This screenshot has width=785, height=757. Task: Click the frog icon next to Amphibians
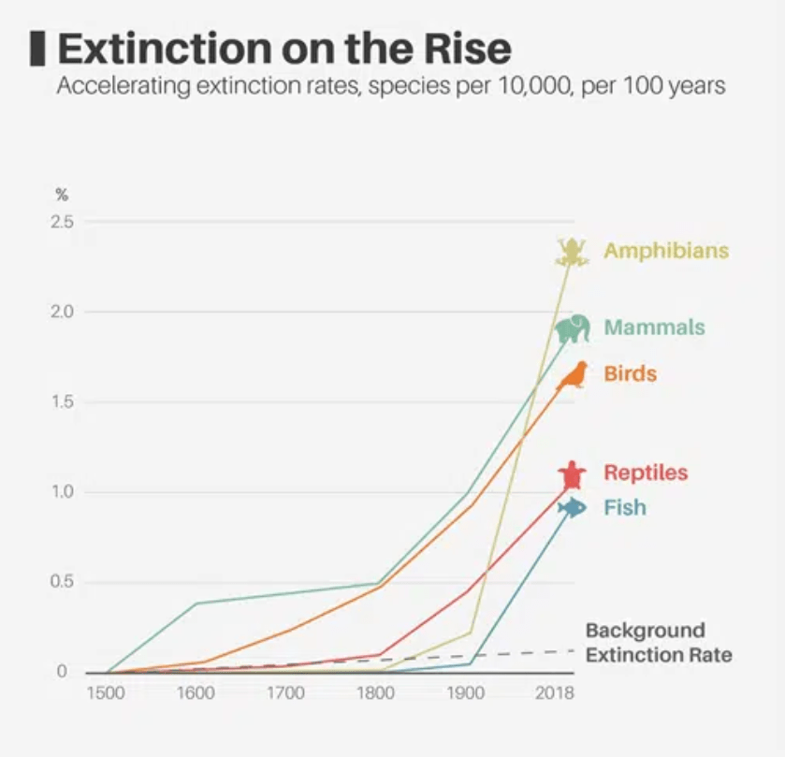click(571, 252)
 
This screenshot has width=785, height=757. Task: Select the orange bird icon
click(574, 375)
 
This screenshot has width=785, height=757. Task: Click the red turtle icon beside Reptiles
click(572, 474)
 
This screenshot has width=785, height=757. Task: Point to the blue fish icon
click(572, 508)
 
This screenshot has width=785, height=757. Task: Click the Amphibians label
click(666, 251)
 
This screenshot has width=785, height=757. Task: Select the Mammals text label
click(654, 328)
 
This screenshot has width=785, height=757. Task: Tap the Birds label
click(630, 374)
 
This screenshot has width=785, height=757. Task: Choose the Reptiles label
click(646, 473)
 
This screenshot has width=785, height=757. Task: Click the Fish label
click(624, 508)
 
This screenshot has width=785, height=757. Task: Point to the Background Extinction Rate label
click(658, 642)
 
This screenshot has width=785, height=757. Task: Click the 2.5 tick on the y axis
click(63, 222)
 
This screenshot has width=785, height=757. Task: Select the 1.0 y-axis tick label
click(63, 492)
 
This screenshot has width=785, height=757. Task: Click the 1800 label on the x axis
click(375, 693)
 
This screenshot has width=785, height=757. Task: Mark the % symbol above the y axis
click(62, 195)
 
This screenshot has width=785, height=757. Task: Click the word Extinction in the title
click(154, 48)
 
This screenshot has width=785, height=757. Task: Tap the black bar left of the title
click(37, 49)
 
